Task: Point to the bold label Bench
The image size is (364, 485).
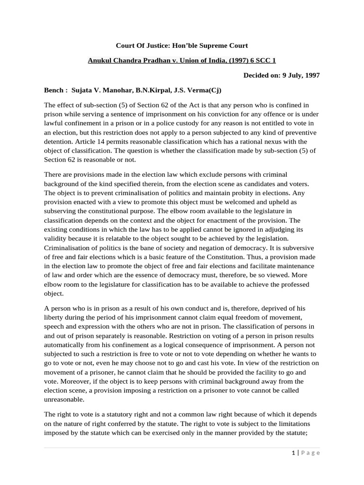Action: tap(54, 90)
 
